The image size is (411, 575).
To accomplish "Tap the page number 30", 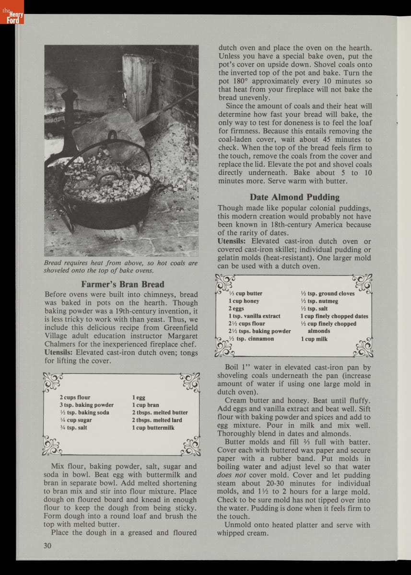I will pyautogui.click(x=47, y=545).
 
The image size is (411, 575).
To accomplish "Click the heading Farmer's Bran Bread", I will pyautogui.click(x=122, y=284).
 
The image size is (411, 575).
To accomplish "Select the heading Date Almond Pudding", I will pyautogui.click(x=294, y=197).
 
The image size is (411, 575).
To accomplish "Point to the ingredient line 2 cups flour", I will pyautogui.click(x=75, y=397).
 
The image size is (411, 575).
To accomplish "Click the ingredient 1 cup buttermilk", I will pyautogui.click(x=153, y=427).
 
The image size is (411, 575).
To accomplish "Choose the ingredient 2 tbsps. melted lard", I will pyautogui.click(x=157, y=420).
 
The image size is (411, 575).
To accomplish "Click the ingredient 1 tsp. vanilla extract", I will pyautogui.click(x=254, y=316).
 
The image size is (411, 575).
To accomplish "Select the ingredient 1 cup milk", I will pyautogui.click(x=314, y=339).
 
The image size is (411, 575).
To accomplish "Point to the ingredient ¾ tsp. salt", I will pyautogui.click(x=73, y=427).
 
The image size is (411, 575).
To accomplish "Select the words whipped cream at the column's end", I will pyautogui.click(x=243, y=533).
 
